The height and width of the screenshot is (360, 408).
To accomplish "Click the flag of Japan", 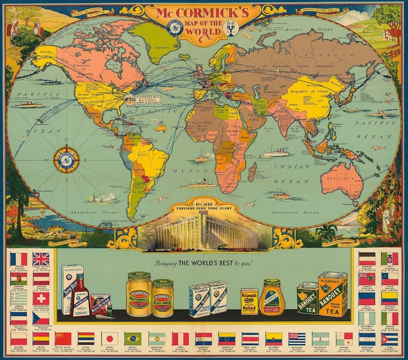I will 108,337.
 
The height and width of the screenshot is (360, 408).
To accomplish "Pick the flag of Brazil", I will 133,337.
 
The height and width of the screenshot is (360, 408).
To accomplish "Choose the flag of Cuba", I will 389,339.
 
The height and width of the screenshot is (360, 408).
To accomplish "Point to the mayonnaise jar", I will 139,294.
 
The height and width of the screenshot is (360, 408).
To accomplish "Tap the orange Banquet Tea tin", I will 332,294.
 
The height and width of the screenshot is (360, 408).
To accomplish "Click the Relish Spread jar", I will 162,298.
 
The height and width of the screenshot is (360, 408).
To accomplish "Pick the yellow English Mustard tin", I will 250,301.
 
